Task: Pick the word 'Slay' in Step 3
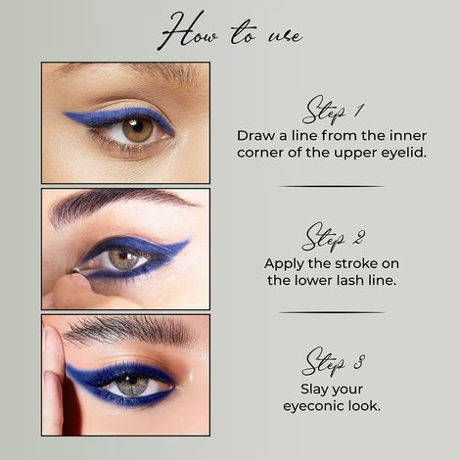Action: pos(305,389)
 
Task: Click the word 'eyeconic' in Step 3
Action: pos(313,406)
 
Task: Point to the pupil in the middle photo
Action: pos(122,258)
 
